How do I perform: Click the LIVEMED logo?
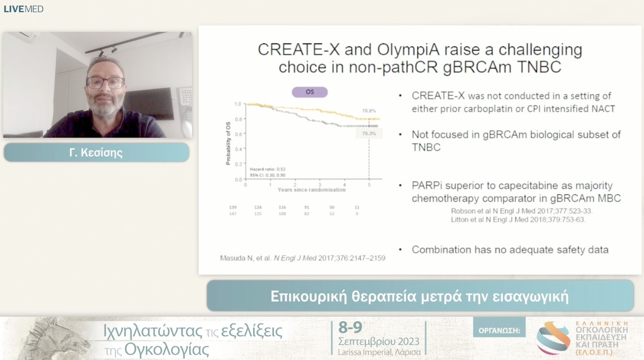pos(23,9)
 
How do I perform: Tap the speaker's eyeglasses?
pos(106,83)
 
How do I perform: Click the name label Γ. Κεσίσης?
pos(96,153)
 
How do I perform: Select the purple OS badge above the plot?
pos(309,92)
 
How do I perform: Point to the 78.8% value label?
pos(370,111)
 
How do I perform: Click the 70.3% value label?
pos(370,134)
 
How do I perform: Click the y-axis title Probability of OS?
pos(228,141)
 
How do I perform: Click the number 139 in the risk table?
pos(233,207)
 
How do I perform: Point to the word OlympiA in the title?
pos(417,49)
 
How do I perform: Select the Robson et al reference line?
pos(522,210)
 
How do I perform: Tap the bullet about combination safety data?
pos(510,250)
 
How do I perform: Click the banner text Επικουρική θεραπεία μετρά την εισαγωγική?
pos(420,296)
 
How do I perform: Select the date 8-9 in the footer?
pos(350,328)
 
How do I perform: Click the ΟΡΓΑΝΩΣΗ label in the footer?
pos(499,328)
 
